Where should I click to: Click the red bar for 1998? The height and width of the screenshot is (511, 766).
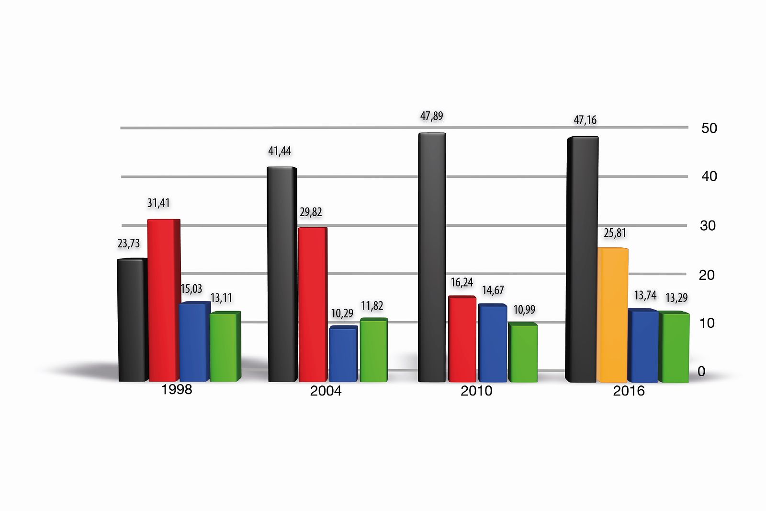[163, 300]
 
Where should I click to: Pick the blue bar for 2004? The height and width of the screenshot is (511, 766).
[343, 354]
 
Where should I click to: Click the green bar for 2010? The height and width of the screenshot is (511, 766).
[523, 353]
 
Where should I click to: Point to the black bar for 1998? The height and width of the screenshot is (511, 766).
[132, 320]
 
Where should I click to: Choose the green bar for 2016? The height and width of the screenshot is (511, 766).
[674, 347]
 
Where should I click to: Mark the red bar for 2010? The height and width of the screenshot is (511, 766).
[462, 339]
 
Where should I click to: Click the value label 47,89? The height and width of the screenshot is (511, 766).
[431, 116]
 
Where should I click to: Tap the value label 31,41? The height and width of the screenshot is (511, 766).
[158, 203]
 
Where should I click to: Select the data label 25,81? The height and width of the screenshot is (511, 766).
[615, 233]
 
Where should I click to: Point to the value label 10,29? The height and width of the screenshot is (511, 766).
[342, 314]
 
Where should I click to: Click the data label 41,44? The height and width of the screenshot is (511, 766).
[280, 151]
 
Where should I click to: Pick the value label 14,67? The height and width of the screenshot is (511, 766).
[493, 290]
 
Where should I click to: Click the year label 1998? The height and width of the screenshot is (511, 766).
[177, 389]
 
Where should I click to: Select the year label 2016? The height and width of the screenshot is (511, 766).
[629, 391]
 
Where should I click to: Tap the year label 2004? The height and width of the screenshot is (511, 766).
[326, 391]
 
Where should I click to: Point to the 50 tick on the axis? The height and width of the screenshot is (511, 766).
[709, 128]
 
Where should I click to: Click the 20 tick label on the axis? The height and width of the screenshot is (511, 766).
[707, 275]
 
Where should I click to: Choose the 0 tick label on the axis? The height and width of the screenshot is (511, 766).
[701, 372]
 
